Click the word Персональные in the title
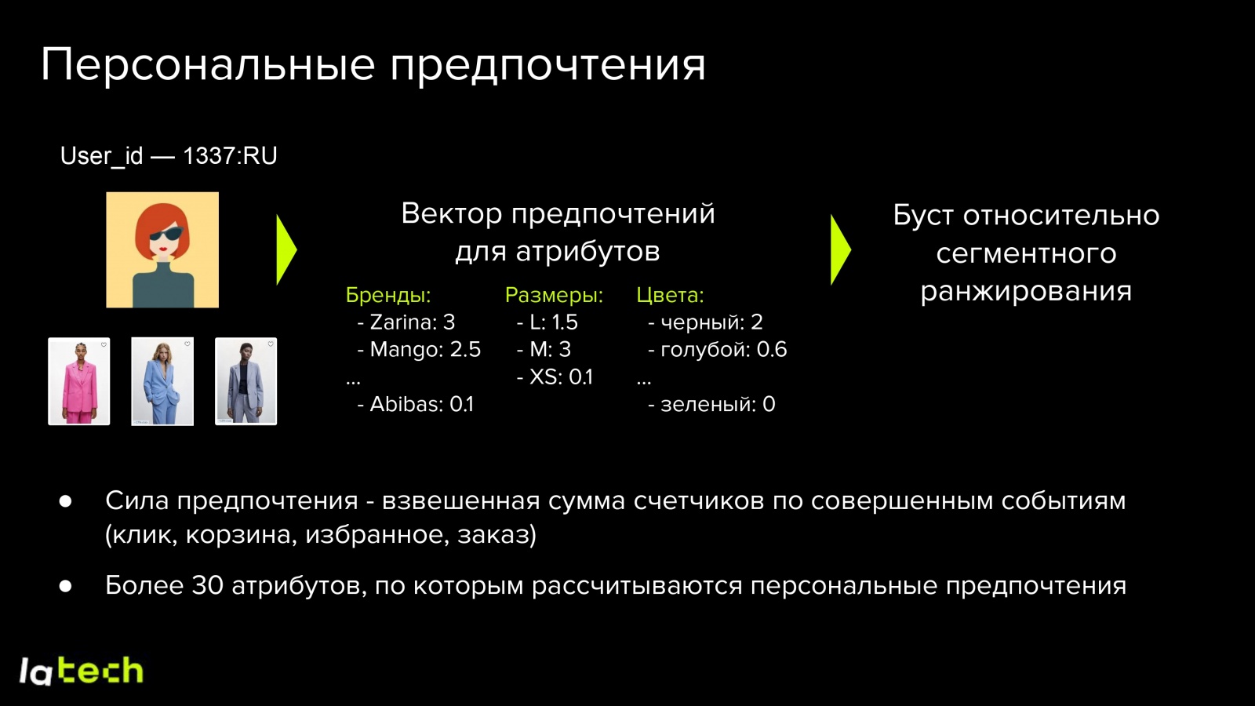[208, 64]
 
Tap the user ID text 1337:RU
[230, 156]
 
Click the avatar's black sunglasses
[166, 234]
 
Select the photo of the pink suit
[79, 381]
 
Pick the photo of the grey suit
[246, 381]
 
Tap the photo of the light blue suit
[162, 381]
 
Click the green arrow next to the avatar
[286, 250]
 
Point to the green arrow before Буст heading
[839, 250]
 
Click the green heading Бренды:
[388, 295]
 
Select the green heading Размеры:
[554, 295]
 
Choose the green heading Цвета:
[670, 295]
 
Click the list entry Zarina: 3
[411, 322]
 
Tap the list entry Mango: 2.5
[424, 350]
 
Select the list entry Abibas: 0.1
[421, 405]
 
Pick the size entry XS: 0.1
[560, 377]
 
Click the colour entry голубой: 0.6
[722, 350]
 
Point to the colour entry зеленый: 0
[716, 405]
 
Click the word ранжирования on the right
[1026, 291]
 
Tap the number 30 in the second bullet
[208, 586]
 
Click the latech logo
[81, 671]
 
